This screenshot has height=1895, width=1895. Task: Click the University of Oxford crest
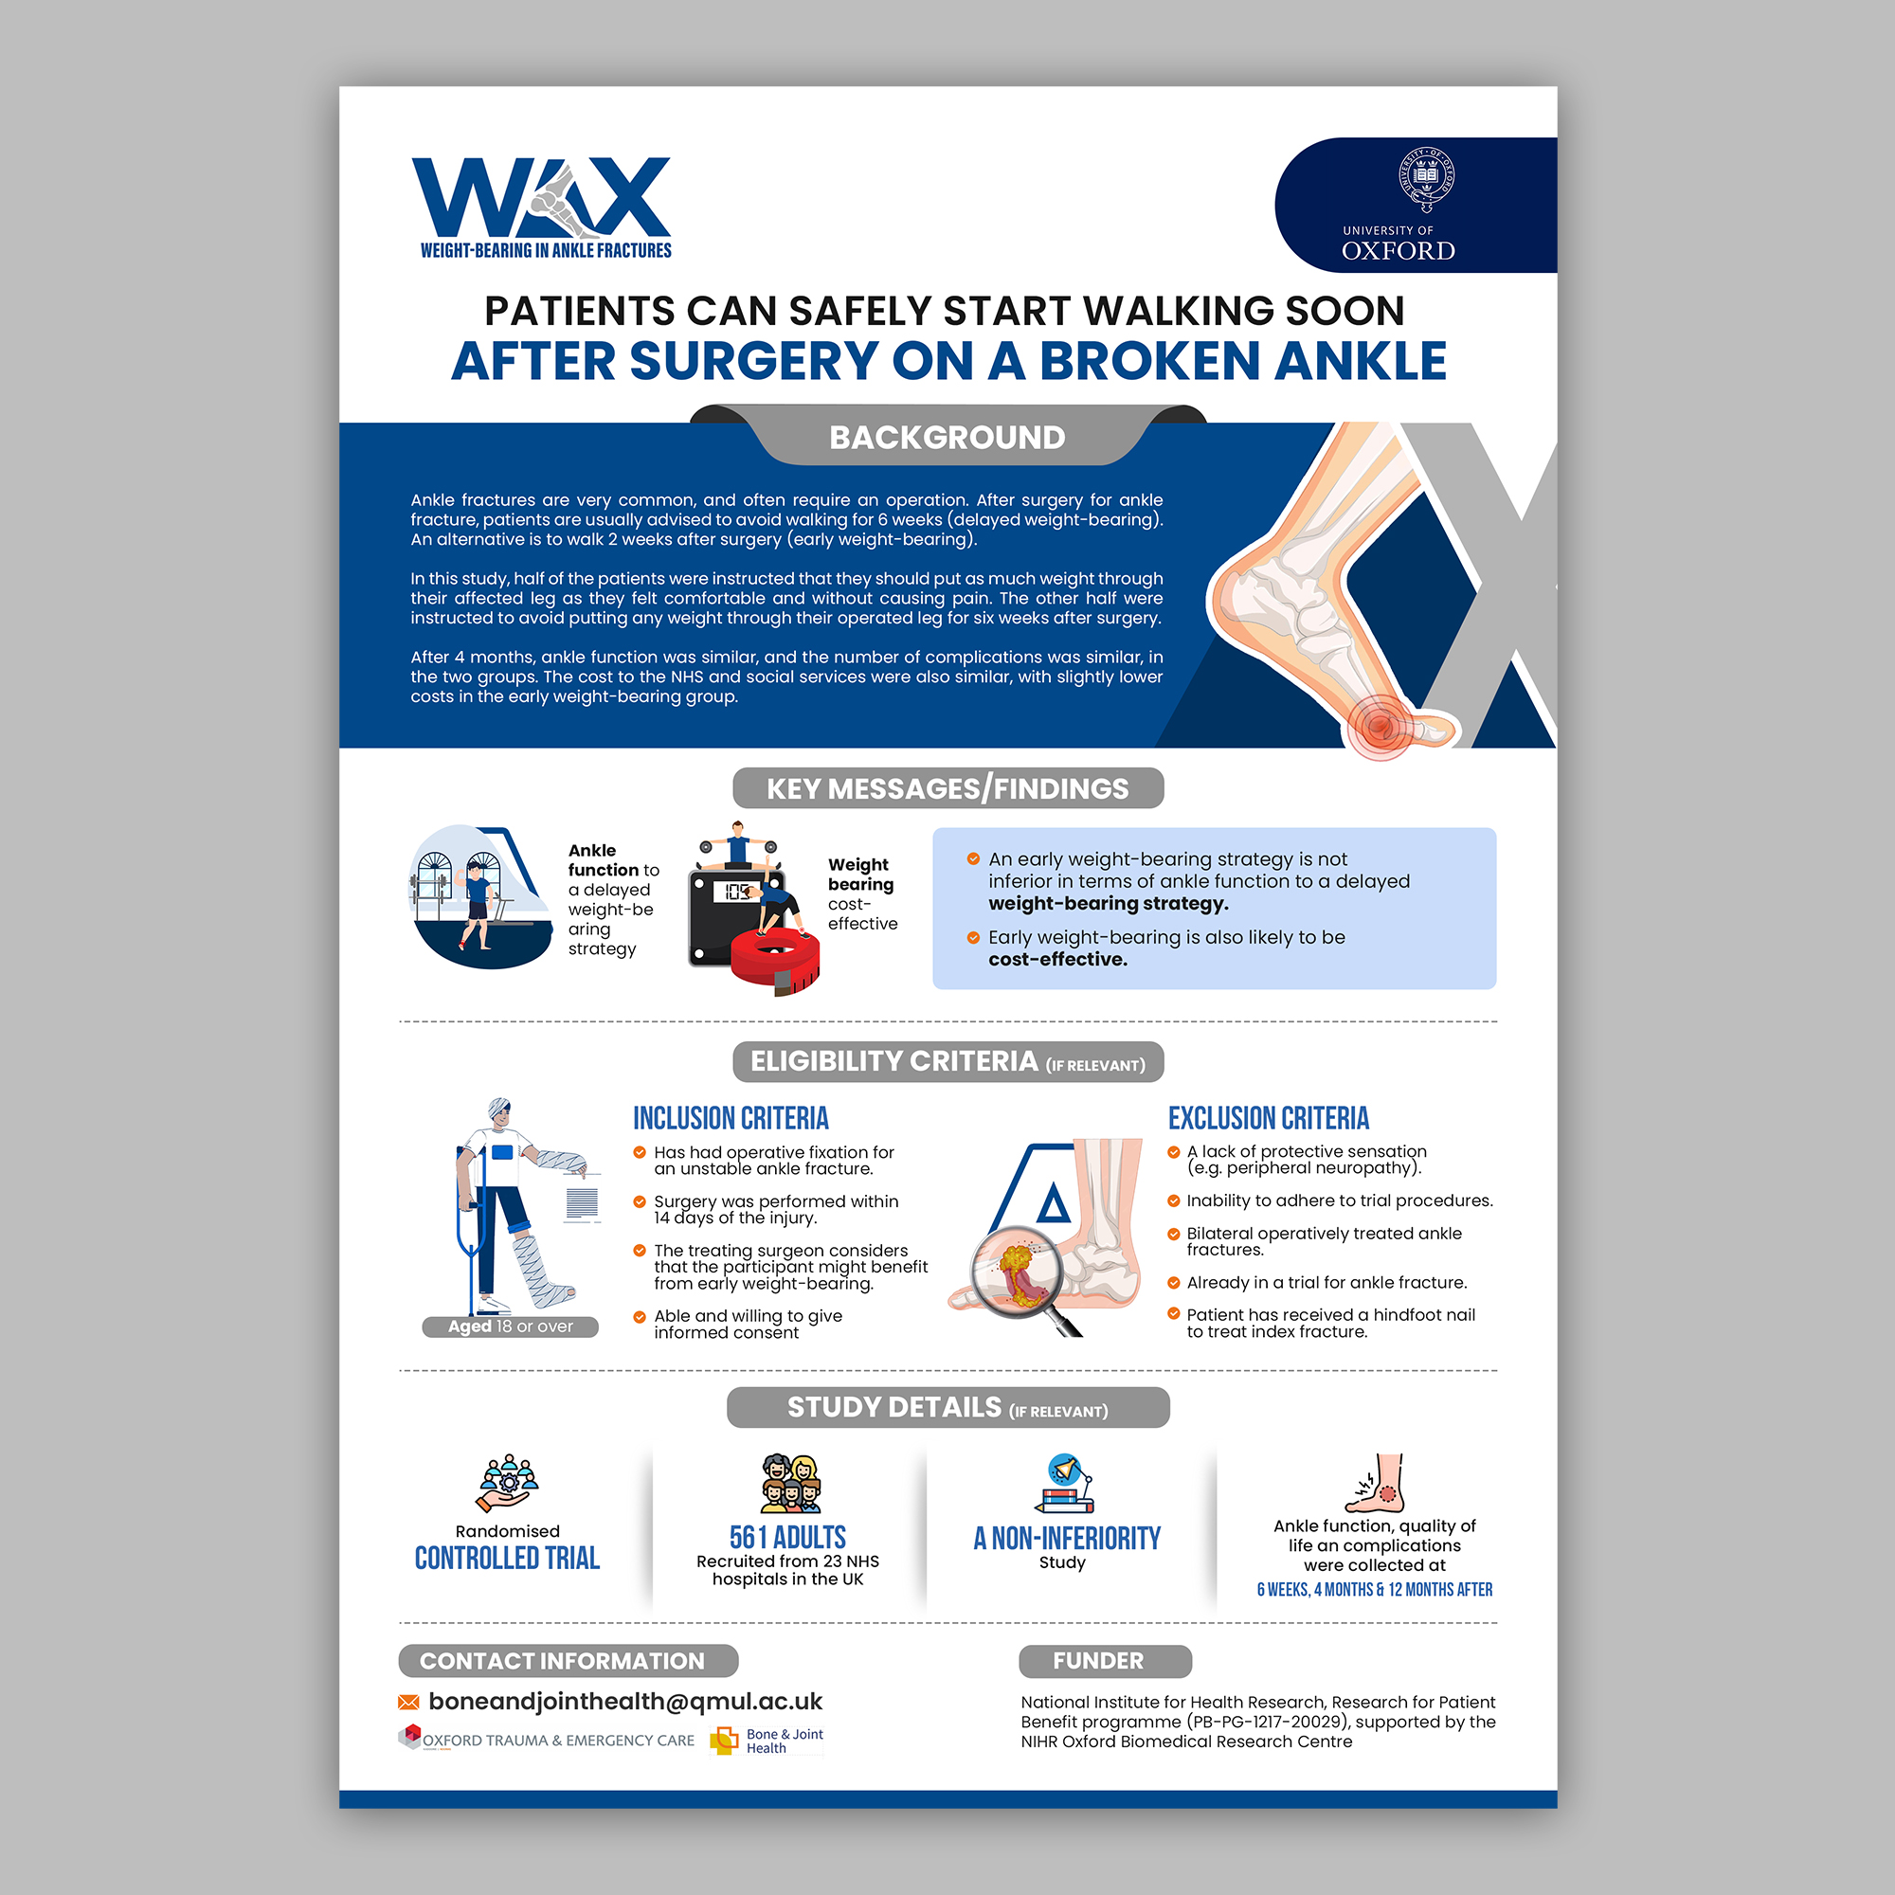1425,178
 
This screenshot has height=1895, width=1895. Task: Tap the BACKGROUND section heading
947,438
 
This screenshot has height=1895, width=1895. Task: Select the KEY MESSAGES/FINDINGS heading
947,788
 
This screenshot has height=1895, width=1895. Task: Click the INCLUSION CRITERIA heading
731,1118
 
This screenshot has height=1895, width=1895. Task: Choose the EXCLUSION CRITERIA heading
1269,1118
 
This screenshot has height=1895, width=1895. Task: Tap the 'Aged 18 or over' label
510,1326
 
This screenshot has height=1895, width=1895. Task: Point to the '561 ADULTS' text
787,1537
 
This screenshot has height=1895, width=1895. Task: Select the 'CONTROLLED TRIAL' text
507,1559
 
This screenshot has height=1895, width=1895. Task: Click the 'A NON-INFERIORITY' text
1066,1539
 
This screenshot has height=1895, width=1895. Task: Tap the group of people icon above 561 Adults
790,1484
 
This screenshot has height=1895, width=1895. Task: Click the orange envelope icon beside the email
408,1702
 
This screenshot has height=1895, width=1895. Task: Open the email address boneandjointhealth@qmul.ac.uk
624,1702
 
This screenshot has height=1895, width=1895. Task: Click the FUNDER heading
1097,1661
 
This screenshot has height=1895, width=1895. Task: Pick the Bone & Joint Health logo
767,1740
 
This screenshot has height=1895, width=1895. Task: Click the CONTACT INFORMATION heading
562,1661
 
